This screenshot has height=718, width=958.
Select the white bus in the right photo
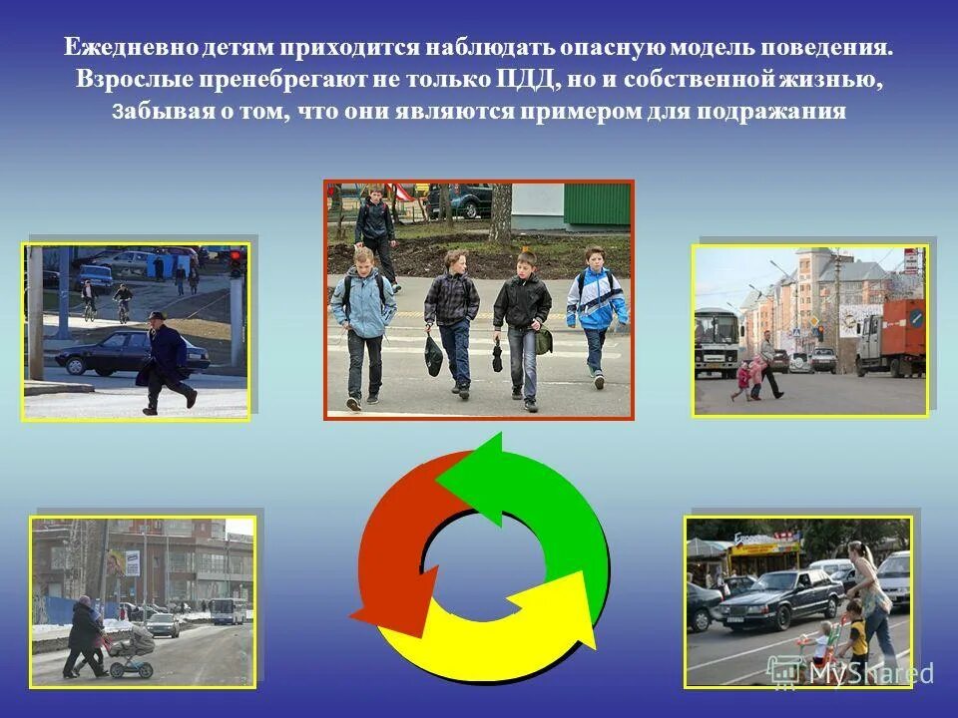point(718,342)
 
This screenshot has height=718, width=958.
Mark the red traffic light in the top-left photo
point(237,261)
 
